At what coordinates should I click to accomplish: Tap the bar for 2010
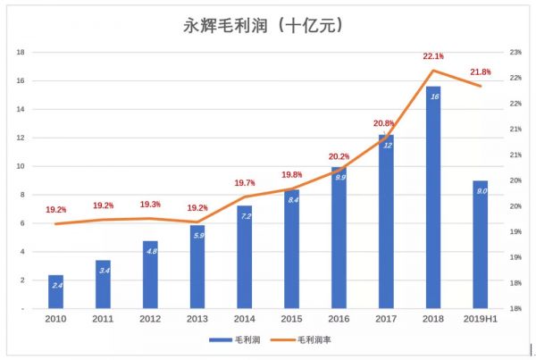click(x=55, y=291)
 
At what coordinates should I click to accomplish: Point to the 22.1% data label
click(x=433, y=57)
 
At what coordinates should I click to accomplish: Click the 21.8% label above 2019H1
click(x=481, y=72)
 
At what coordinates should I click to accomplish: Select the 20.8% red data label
click(x=386, y=123)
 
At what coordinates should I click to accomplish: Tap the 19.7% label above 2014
click(x=244, y=183)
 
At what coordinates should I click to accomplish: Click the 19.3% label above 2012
click(x=150, y=205)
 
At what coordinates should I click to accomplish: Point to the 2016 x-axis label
click(x=339, y=317)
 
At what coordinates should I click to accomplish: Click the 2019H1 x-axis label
click(x=480, y=317)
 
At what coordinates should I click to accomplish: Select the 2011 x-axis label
click(x=103, y=317)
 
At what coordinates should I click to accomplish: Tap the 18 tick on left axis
click(x=20, y=53)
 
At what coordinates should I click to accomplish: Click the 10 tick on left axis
click(x=20, y=166)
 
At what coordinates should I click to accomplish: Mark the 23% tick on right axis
click(x=515, y=53)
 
